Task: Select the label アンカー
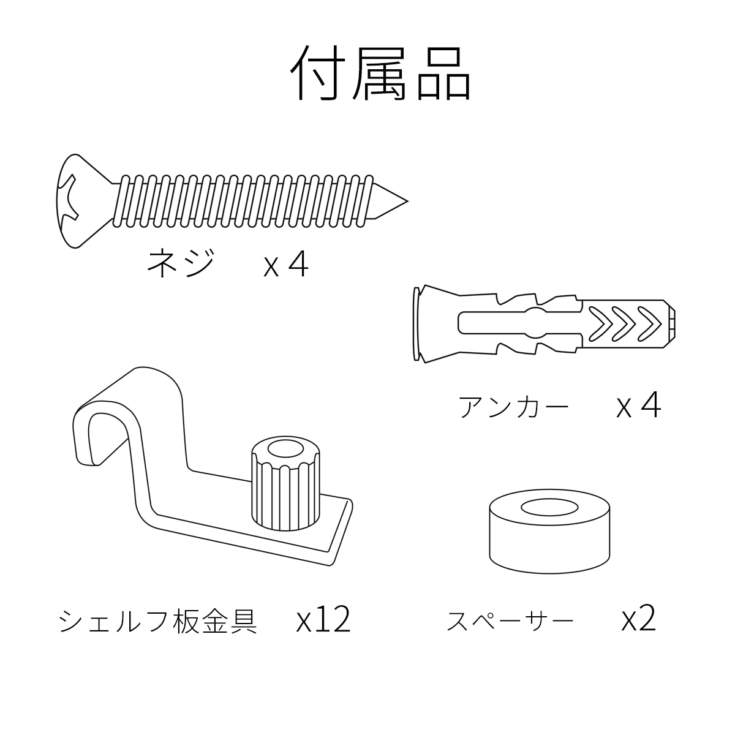(x=514, y=407)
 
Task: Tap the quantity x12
(x=323, y=620)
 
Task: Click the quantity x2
(x=638, y=620)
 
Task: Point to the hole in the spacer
(x=549, y=508)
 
